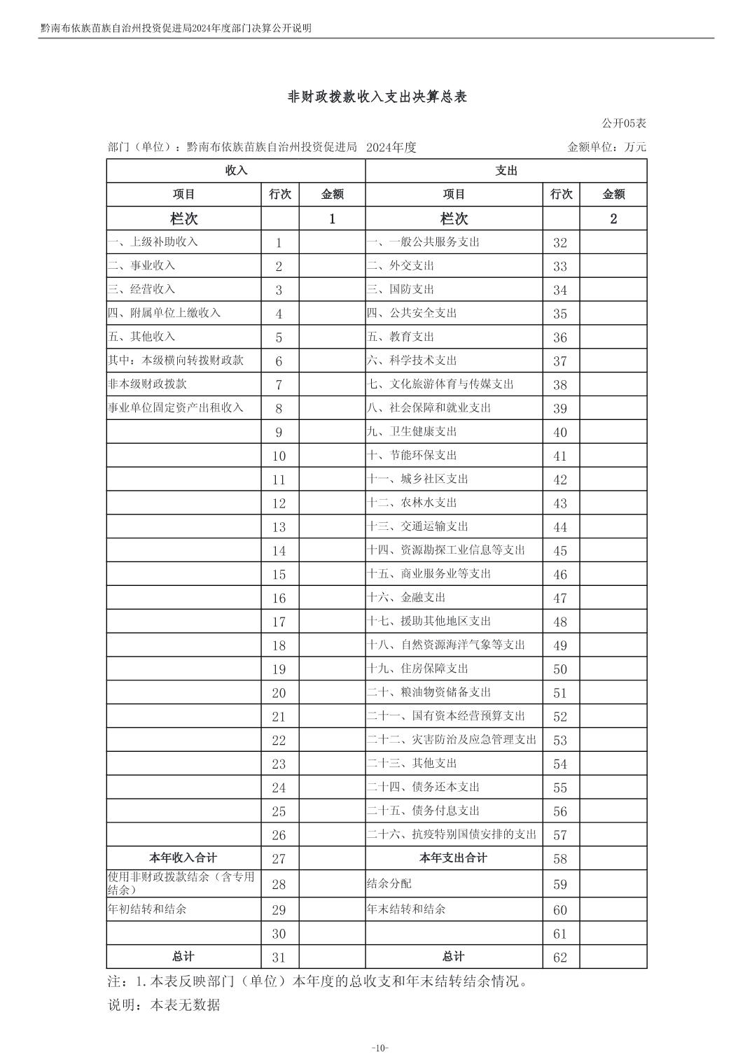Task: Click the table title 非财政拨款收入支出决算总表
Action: coord(377,97)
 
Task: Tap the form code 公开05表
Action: coord(624,123)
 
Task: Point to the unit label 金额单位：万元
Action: coord(606,147)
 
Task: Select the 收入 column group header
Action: coord(236,171)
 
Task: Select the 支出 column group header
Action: coord(506,171)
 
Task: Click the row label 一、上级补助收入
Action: coord(153,242)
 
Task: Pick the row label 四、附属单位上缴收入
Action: coord(164,313)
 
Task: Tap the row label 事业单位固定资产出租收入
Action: coord(175,407)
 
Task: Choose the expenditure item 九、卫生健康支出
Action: coord(412,432)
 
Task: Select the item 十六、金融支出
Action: coord(406,598)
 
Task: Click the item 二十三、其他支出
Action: coord(412,764)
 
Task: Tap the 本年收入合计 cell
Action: coord(183,858)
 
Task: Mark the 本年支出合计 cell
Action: coord(454,858)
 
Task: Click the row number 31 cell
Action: coord(279,958)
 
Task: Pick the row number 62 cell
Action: coord(560,958)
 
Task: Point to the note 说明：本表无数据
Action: coord(164,1005)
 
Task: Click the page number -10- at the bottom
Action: coord(379,1048)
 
